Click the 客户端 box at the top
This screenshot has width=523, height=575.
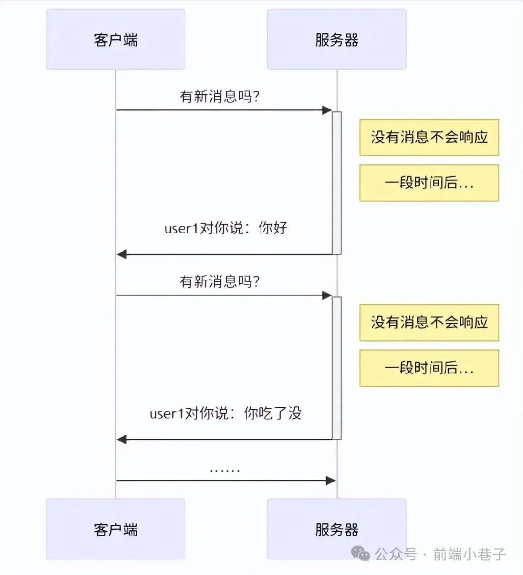pos(115,39)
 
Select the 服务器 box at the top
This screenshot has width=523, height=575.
pos(337,39)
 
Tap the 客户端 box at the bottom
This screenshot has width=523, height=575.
pos(115,529)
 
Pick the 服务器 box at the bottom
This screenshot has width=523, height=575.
pos(337,529)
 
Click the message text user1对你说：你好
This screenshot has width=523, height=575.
pos(226,228)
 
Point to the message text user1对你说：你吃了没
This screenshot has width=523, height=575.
pos(226,413)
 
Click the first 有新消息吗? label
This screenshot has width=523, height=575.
pos(219,96)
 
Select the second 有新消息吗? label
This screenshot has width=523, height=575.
pos(219,281)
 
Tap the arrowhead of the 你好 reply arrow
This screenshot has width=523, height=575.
pos(122,254)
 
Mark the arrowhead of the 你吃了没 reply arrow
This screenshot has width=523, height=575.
pos(122,439)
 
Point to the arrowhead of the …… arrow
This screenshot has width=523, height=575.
pos(331,481)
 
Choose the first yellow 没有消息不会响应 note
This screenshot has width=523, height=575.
pos(429,138)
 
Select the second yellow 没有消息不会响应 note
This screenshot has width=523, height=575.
pos(429,323)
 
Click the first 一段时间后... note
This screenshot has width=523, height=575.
pos(429,183)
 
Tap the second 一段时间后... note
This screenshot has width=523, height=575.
pos(429,368)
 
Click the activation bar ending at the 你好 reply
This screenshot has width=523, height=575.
pos(337,183)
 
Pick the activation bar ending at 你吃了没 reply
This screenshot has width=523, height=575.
pos(337,368)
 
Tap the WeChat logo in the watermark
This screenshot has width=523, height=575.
pos(361,554)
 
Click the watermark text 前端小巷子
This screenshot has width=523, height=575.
pos(469,554)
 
